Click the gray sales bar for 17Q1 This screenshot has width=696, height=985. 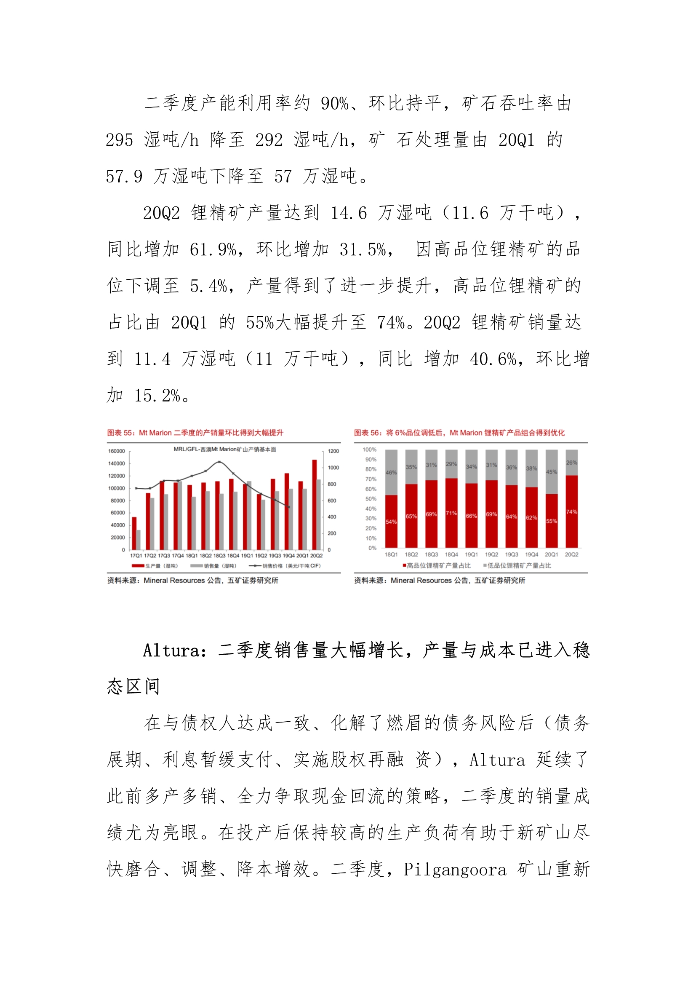[x=138, y=540]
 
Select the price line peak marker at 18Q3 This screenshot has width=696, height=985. [x=219, y=462]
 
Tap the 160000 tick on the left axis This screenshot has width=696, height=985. [x=116, y=451]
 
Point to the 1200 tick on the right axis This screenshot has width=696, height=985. [x=333, y=451]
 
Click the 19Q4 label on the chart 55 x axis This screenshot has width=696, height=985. [x=288, y=556]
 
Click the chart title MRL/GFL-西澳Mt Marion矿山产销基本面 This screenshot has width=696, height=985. [x=224, y=449]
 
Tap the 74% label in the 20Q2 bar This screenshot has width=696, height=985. [x=571, y=512]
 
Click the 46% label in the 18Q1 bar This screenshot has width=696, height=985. [x=391, y=472]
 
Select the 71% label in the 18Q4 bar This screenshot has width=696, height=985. [x=451, y=513]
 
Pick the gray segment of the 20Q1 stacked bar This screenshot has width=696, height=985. [x=552, y=471]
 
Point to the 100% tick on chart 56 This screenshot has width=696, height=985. [x=369, y=450]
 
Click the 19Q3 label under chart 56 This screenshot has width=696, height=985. [x=511, y=555]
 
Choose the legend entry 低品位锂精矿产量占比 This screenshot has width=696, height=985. [x=518, y=565]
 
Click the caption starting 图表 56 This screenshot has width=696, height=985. [x=459, y=433]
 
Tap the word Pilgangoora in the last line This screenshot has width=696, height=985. [x=455, y=870]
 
